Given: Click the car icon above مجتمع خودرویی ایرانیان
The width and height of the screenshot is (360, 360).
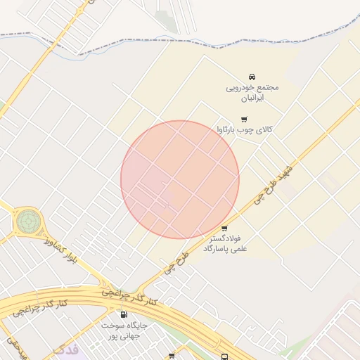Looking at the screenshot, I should pyautogui.click(x=252, y=77).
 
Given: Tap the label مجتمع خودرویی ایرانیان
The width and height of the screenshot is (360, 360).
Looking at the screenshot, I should pyautogui.click(x=252, y=91).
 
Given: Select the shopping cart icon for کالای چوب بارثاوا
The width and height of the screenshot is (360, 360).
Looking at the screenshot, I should pyautogui.click(x=244, y=120).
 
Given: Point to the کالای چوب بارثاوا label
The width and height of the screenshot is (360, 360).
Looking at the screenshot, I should pyautogui.click(x=244, y=129).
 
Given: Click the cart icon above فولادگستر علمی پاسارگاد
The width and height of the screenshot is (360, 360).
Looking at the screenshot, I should pyautogui.click(x=224, y=229).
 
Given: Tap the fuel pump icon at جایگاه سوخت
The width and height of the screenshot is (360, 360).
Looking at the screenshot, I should pyautogui.click(x=124, y=315).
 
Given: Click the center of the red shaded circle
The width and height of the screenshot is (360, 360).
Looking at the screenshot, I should pyautogui.click(x=180, y=179).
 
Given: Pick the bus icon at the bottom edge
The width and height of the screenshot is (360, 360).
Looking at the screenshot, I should pyautogui.click(x=224, y=356).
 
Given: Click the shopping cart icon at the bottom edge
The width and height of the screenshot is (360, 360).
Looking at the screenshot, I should pyautogui.click(x=172, y=356).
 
